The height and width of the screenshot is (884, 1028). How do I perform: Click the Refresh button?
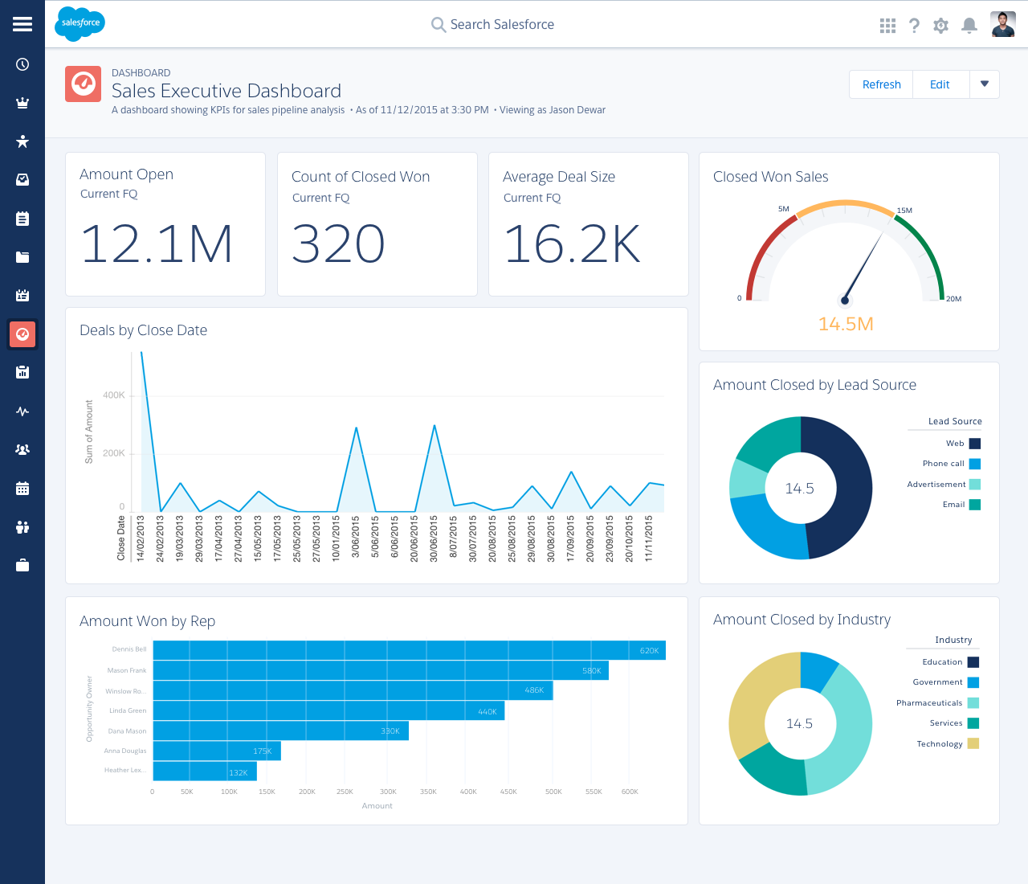coord(881,84)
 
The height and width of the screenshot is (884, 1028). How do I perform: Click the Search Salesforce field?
coord(502,25)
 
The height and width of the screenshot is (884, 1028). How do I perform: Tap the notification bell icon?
coord(969,26)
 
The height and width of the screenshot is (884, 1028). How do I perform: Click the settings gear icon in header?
coord(940,26)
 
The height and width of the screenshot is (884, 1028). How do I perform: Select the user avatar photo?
coord(1003,25)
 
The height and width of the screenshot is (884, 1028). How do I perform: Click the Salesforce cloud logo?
coord(80,23)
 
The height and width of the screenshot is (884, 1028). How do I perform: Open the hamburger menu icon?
coord(22,24)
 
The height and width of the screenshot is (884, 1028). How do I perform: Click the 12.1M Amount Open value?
coord(157,244)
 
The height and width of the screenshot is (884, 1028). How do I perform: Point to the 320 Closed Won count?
coord(338,244)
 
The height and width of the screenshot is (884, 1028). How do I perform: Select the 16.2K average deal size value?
coord(572,244)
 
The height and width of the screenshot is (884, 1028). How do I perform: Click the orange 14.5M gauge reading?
coord(846,324)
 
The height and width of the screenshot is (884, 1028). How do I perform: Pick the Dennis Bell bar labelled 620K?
coord(409,650)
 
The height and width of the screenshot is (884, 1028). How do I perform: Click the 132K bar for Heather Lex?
coord(205,771)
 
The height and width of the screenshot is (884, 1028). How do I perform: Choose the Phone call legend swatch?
coord(975,464)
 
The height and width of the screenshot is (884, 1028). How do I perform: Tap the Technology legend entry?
coord(940,744)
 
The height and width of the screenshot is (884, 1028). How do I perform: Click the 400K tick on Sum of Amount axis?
coord(114,395)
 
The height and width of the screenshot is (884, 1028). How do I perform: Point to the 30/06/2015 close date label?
coord(434,538)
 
